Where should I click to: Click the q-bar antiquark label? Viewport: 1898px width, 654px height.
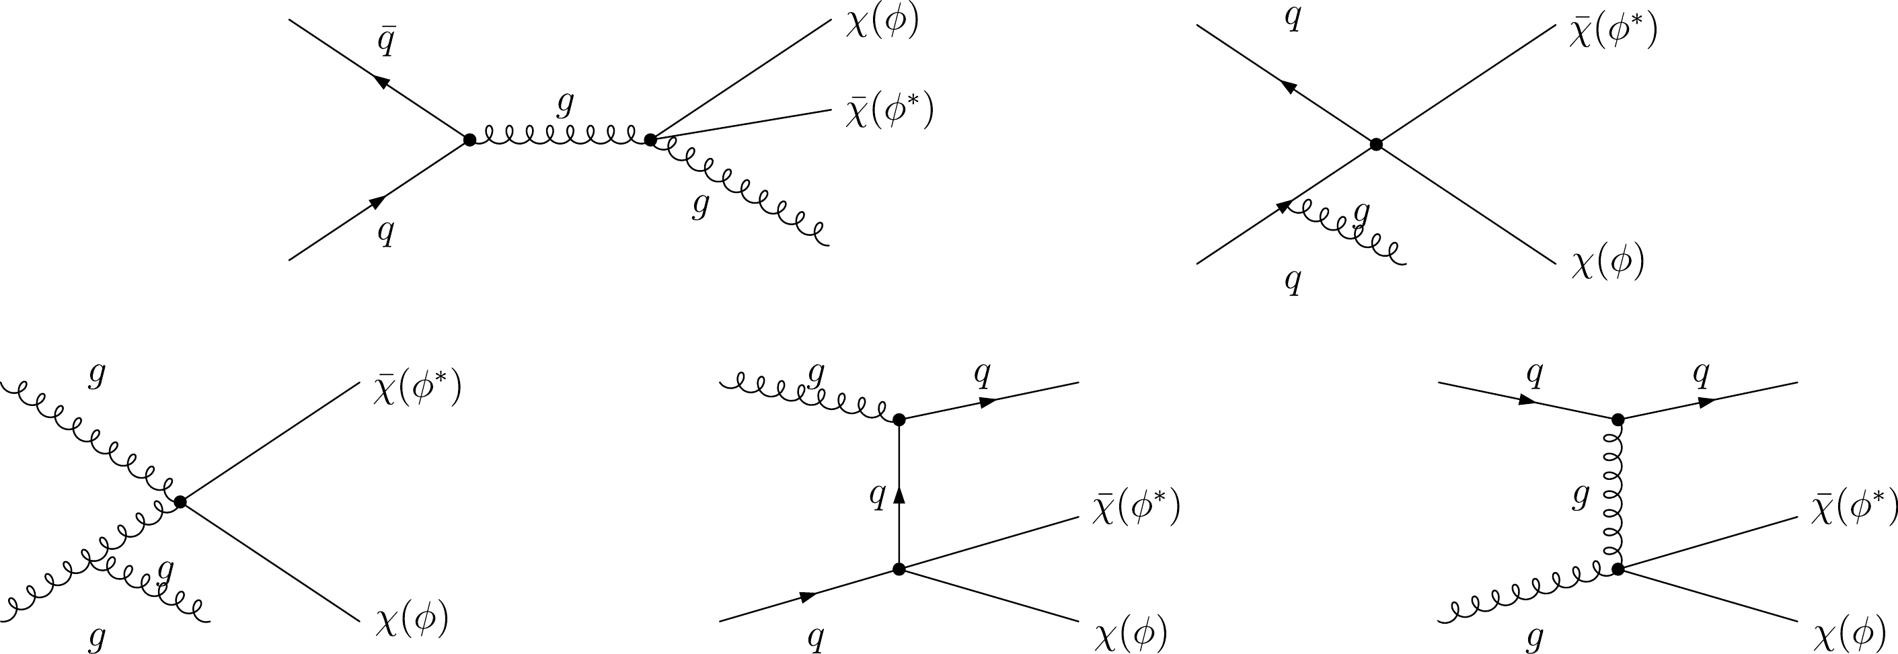point(386,43)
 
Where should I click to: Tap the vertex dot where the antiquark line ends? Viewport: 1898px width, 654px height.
point(469,139)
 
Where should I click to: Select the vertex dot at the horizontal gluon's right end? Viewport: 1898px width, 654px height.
point(650,139)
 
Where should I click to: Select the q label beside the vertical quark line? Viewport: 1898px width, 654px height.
point(877,495)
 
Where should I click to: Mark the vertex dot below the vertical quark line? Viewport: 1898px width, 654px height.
point(898,569)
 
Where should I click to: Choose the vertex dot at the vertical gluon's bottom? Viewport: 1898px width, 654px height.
point(1618,569)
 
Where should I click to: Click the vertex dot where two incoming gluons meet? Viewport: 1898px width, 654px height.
point(180,502)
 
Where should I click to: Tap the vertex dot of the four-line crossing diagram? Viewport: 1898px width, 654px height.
point(1375,145)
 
